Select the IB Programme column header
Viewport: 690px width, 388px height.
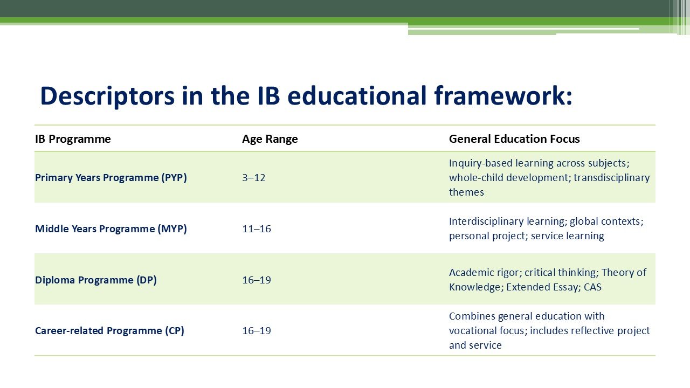[x=73, y=139]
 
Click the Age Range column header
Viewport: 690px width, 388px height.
[x=270, y=139]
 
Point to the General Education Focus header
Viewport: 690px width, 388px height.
[x=514, y=139]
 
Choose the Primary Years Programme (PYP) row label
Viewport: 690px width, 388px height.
[x=111, y=178]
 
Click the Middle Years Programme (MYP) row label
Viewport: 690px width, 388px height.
[x=111, y=229]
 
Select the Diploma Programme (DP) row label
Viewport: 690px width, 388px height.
[x=96, y=280]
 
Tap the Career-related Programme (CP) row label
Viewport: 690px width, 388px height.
[x=109, y=331]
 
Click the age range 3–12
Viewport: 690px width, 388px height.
[x=253, y=178]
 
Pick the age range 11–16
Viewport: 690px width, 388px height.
[x=256, y=229]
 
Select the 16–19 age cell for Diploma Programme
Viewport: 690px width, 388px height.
[x=256, y=280]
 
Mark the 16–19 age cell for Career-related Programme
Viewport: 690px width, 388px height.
[x=256, y=331]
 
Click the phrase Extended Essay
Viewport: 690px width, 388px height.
[x=543, y=287]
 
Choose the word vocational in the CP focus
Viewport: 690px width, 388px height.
[x=473, y=331]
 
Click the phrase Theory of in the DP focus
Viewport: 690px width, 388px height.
[x=624, y=273]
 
